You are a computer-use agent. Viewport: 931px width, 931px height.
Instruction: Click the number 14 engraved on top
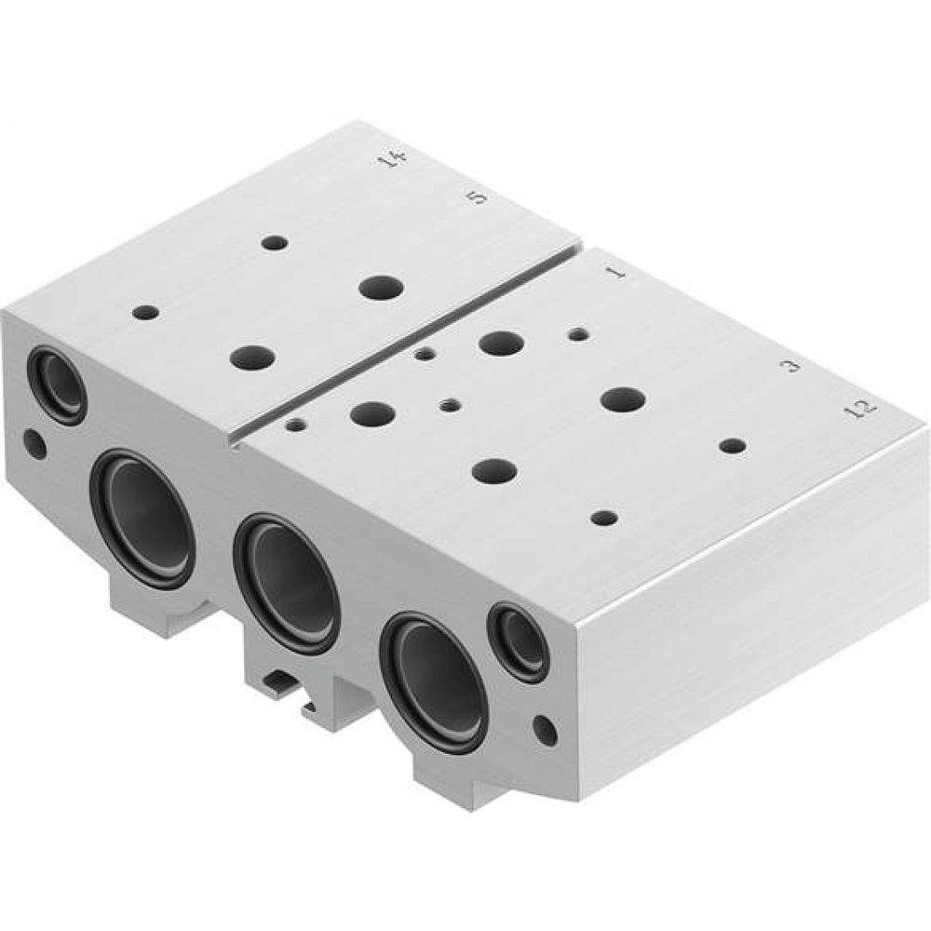pos(393,160)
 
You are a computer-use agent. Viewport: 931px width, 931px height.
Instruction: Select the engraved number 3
pos(792,366)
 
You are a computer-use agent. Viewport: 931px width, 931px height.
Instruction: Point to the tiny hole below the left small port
pos(34,443)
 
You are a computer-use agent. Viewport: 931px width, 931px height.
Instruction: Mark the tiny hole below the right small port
pos(546,729)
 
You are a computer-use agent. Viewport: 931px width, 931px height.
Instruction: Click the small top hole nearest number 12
pos(733,446)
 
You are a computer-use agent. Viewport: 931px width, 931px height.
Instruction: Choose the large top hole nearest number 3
pos(623,399)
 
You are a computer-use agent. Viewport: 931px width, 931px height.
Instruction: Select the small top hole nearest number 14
pos(274,243)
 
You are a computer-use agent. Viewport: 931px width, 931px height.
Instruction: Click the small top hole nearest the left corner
pos(144,311)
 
